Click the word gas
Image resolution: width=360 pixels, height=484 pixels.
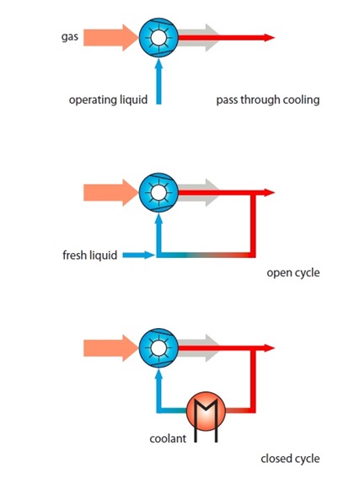70,37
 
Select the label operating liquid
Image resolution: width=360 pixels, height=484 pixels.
108,100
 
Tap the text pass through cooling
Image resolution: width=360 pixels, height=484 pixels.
268,100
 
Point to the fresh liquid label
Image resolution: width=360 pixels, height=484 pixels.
90,255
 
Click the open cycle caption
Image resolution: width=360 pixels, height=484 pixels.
293,273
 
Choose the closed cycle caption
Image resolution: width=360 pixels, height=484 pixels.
290,459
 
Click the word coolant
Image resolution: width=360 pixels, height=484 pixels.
168,438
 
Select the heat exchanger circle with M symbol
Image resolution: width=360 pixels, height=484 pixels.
206,411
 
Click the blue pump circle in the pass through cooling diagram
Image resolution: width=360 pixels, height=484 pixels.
159,37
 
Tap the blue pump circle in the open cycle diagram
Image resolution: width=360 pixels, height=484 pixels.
159,192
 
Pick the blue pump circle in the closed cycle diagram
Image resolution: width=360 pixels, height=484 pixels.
159,348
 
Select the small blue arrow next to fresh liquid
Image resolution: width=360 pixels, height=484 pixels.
138,255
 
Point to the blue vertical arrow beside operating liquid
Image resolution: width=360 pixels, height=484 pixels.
159,81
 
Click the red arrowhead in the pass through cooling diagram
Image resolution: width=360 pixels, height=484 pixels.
269,37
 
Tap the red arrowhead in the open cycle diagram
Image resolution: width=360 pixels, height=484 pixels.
269,192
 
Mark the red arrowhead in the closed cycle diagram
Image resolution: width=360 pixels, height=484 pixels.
269,348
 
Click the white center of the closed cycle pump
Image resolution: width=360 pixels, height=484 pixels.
159,348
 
